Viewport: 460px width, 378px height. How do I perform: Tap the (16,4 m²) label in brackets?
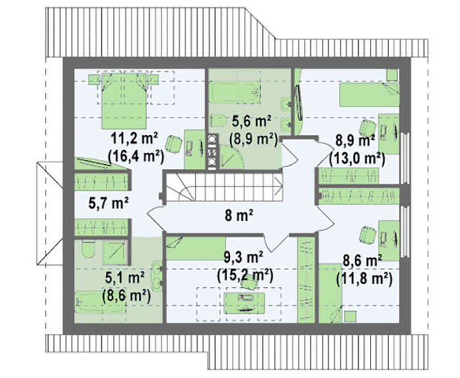135,156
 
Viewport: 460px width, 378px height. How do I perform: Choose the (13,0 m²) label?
357,159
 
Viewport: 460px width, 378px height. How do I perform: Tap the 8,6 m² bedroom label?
362,260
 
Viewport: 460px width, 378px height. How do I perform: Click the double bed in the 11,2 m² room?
124,101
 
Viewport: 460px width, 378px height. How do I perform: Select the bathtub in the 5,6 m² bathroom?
235,93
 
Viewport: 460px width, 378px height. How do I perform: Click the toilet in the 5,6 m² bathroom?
218,121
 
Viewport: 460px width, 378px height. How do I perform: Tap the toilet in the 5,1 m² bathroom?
88,249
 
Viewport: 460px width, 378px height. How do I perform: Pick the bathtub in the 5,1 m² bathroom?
100,302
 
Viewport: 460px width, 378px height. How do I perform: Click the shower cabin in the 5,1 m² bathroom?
115,252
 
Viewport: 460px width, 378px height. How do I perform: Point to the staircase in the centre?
224,187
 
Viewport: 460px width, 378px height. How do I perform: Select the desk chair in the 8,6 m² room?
367,235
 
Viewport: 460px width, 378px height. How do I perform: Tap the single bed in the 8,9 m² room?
369,95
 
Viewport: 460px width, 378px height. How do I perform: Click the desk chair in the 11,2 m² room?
174,144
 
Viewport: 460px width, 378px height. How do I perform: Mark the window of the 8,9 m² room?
405,158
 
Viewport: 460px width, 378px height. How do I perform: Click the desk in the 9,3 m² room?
244,303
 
